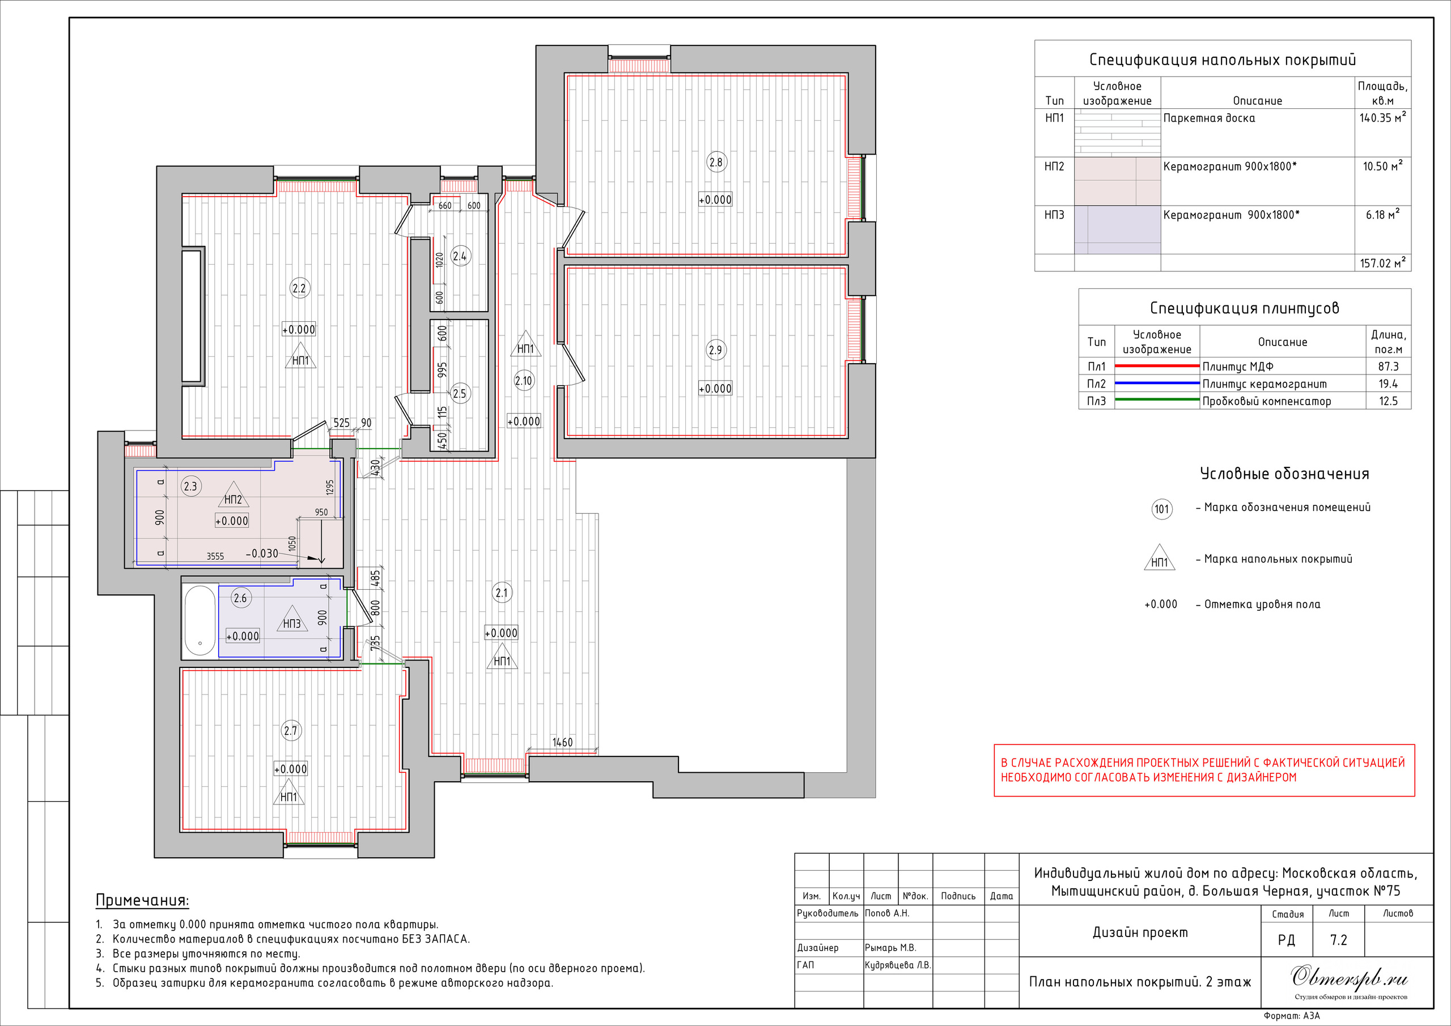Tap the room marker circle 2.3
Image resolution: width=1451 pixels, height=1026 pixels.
pyautogui.click(x=190, y=487)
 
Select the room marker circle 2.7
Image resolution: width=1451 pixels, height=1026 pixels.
pyautogui.click(x=290, y=731)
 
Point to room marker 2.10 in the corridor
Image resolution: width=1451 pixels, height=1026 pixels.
pyautogui.click(x=524, y=381)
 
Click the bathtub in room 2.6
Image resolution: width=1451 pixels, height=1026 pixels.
pyautogui.click(x=200, y=620)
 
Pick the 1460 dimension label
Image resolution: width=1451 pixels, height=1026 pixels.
pyautogui.click(x=562, y=742)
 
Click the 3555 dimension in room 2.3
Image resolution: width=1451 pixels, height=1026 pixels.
pyautogui.click(x=215, y=556)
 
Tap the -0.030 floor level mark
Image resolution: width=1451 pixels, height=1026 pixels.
pyautogui.click(x=262, y=554)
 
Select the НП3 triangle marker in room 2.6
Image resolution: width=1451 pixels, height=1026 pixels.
pyautogui.click(x=292, y=619)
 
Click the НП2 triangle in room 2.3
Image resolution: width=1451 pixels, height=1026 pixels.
pyautogui.click(x=233, y=495)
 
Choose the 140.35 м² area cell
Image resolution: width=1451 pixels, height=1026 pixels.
pyautogui.click(x=1383, y=117)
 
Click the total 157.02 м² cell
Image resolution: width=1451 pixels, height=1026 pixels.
pyautogui.click(x=1383, y=263)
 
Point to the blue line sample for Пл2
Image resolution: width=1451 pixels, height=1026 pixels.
pyautogui.click(x=1156, y=384)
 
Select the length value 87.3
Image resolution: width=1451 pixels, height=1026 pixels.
pyautogui.click(x=1389, y=367)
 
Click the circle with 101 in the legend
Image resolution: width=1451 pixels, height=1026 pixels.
pyautogui.click(x=1161, y=509)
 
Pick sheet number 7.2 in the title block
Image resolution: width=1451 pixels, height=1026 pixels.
pyautogui.click(x=1339, y=940)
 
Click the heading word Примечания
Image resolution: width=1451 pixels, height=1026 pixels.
pyautogui.click(x=142, y=900)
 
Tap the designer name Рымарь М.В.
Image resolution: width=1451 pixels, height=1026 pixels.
pyautogui.click(x=890, y=948)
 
